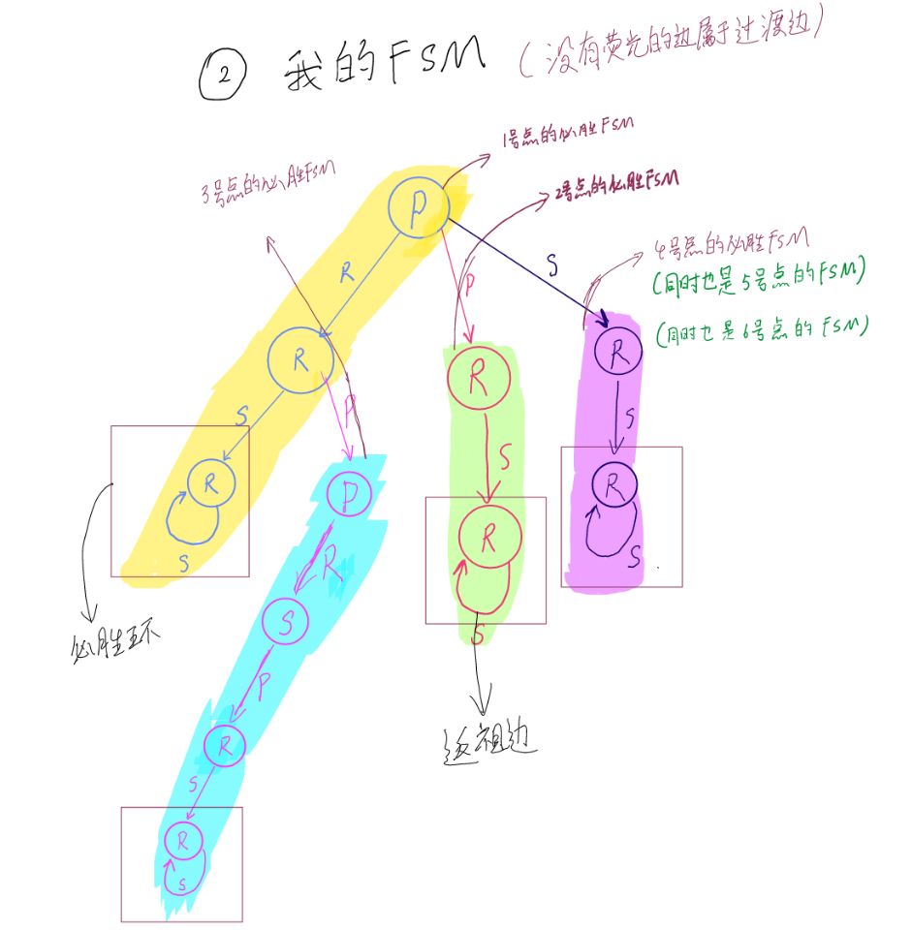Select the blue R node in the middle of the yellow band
299,358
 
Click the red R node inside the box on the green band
488,533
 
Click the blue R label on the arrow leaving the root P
348,274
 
